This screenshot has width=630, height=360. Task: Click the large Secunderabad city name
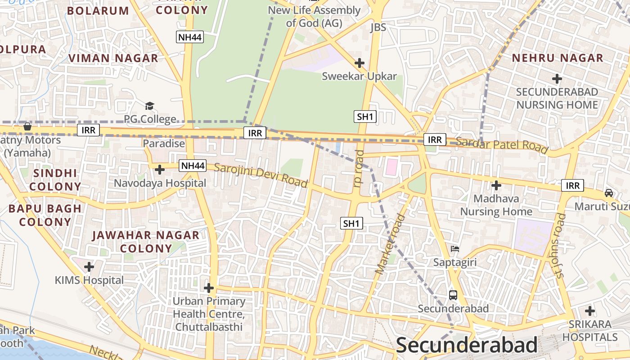[467, 346]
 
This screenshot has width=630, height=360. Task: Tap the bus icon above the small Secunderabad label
[453, 295]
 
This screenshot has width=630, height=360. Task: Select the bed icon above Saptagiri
[455, 249]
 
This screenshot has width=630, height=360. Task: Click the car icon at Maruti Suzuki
[609, 193]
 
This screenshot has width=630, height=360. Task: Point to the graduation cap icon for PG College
[149, 106]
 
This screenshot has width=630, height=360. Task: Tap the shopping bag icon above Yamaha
[27, 127]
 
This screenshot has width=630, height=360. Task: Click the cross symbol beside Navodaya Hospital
[159, 170]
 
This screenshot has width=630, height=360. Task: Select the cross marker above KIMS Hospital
[89, 267]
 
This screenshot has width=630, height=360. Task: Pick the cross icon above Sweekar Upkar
[359, 63]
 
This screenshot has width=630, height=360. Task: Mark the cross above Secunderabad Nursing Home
[557, 79]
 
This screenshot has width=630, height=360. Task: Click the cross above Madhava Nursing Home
[496, 185]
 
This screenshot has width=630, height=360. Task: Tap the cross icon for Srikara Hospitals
[590, 311]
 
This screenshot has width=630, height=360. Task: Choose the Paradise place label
[164, 144]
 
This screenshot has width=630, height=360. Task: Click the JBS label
[378, 27]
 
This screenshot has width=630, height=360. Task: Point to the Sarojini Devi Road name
[261, 175]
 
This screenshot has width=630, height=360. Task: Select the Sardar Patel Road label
[502, 145]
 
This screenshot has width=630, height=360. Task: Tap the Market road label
[390, 245]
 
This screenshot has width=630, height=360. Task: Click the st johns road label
[560, 246]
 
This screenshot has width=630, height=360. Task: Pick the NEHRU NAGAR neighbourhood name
[557, 58]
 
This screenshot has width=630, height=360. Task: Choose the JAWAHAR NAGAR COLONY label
[146, 242]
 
